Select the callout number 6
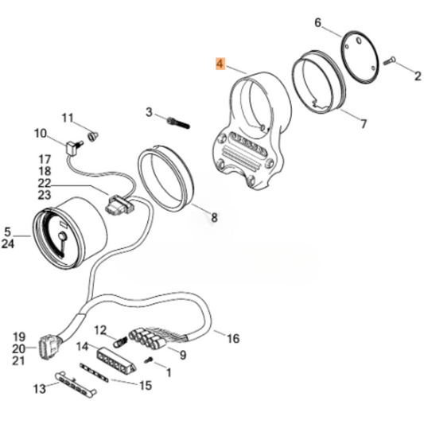(x=318, y=23)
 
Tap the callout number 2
(x=416, y=76)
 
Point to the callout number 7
(x=364, y=123)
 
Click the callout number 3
(x=149, y=113)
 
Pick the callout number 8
(x=213, y=216)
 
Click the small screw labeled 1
(x=149, y=362)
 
